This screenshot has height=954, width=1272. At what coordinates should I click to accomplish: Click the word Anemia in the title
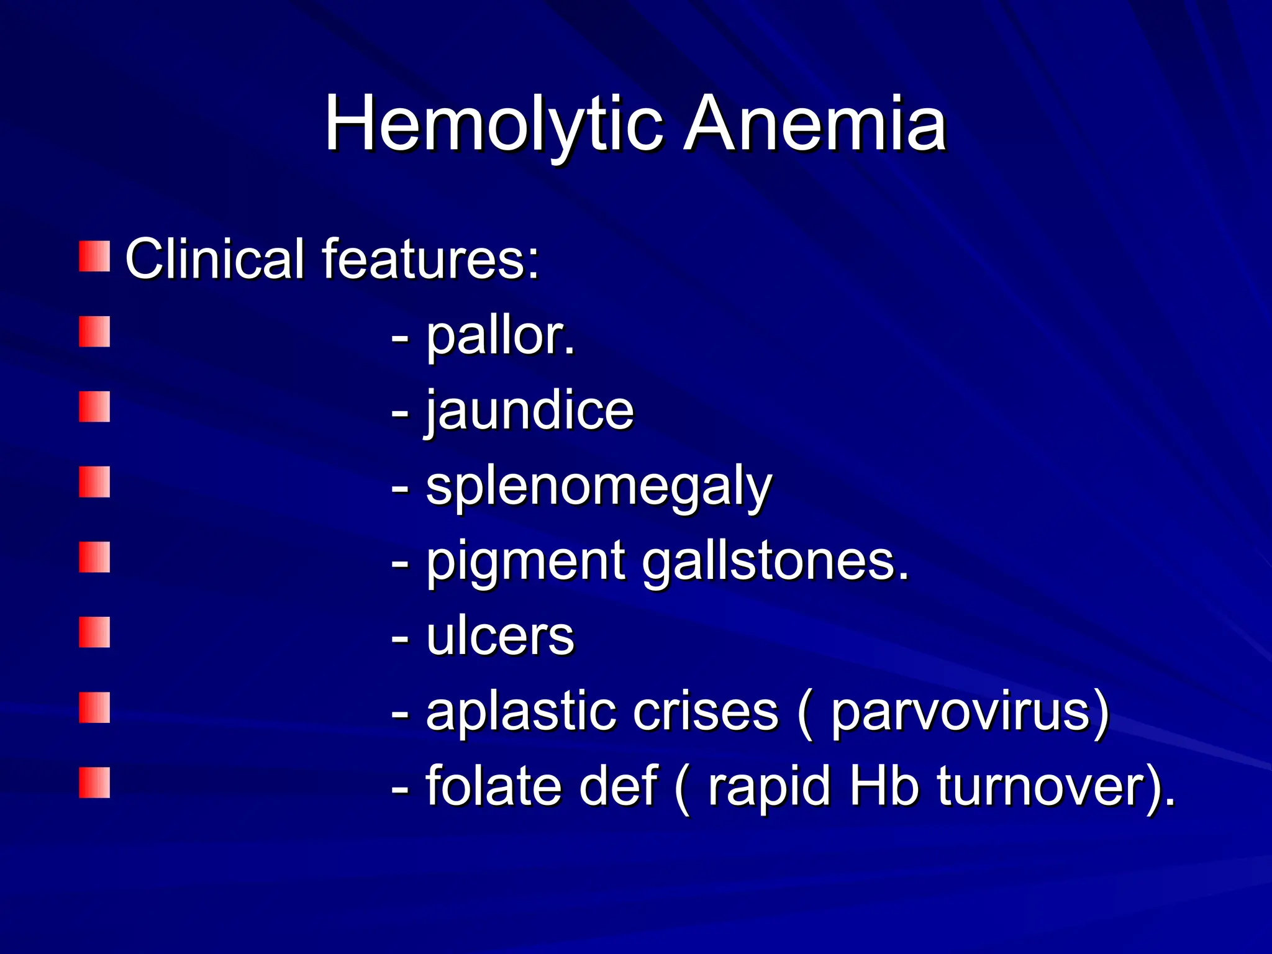click(815, 124)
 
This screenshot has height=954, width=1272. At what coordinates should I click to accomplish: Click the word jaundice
click(529, 411)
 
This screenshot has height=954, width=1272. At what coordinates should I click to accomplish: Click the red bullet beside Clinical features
click(94, 257)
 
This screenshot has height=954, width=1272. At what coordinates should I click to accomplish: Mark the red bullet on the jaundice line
click(94, 407)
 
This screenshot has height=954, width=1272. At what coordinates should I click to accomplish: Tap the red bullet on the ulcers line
click(94, 632)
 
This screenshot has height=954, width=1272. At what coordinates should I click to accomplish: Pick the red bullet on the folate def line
click(94, 783)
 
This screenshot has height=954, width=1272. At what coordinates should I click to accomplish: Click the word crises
click(705, 712)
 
